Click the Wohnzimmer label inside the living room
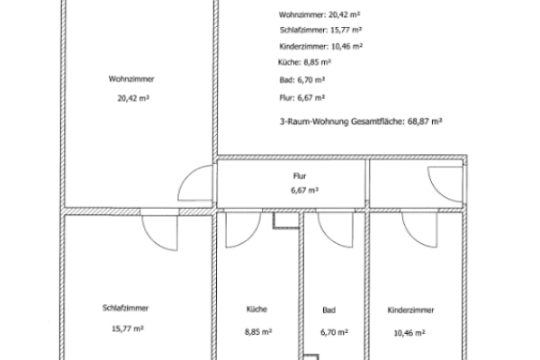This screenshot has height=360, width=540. pos(131,79)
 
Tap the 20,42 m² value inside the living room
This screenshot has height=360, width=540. pos(133,98)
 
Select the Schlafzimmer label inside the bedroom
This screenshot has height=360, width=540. pos(125,308)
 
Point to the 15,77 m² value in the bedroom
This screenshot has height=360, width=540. pos(128,328)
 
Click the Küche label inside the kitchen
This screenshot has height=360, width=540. pos(256,309)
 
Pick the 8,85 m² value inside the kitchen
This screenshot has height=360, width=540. pos(258,332)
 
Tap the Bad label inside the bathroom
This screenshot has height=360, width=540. pos(328,310)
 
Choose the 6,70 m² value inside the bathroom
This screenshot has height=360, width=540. pos(334,332)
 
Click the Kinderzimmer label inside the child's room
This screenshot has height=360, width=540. pos(410,310)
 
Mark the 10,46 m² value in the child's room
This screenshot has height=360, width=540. pos(409,333)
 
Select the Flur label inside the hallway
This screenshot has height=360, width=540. pos(300,176)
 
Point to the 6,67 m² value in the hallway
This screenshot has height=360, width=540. pos(304,190)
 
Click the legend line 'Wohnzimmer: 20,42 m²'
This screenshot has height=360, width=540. pos(319,14)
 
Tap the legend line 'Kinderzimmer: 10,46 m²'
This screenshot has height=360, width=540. pos(320,46)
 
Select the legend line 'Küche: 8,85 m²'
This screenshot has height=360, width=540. pos(304,62)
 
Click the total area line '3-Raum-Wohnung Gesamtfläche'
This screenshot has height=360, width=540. pos(361,121)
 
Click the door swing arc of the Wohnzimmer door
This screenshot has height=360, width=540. pos(186,177)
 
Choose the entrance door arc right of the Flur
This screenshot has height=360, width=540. pos(437,192)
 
